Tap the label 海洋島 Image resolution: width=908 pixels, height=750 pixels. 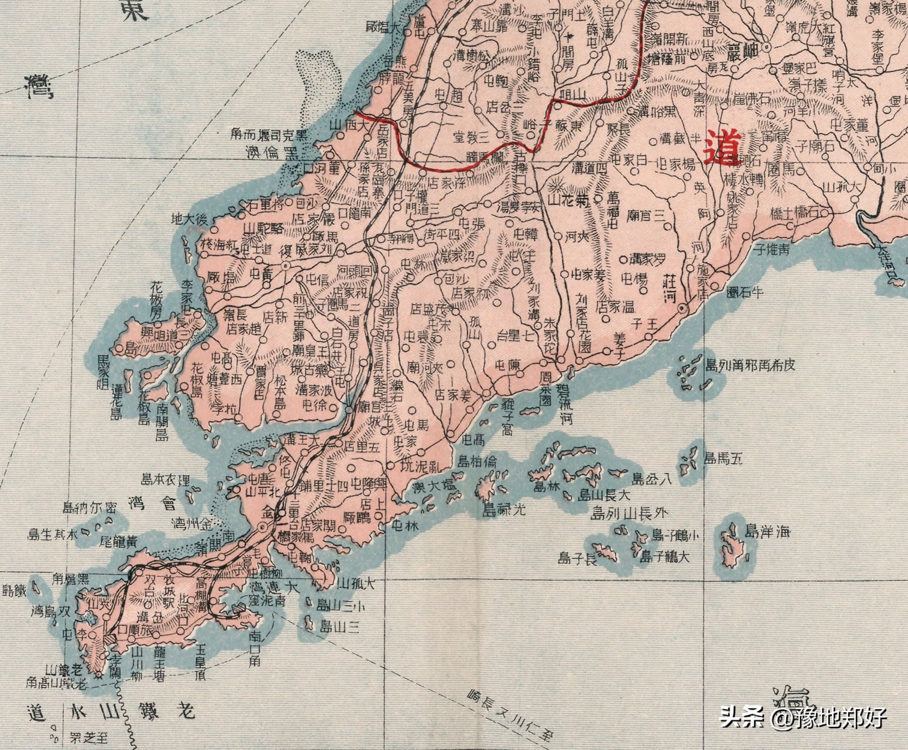click(x=767, y=532)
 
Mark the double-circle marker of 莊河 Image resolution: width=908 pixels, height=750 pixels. click(x=683, y=309)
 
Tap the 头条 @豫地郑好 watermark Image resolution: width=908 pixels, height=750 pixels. click(x=803, y=718)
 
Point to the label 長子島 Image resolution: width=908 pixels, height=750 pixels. click(x=577, y=558)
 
